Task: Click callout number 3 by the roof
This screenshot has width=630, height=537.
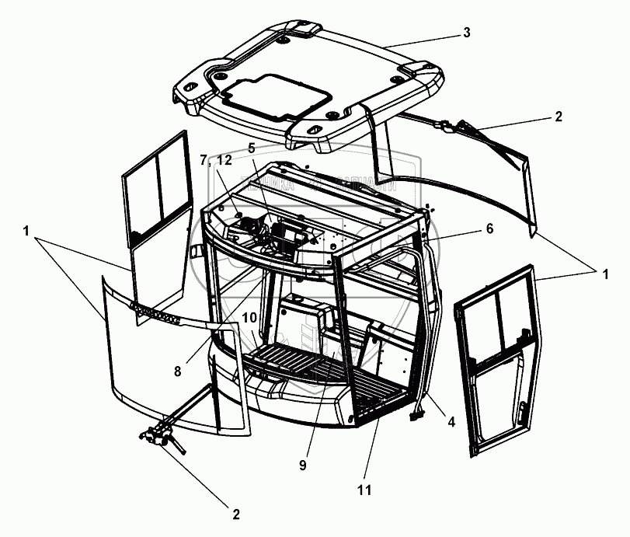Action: point(465,33)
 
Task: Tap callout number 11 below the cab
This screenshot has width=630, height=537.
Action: point(364,490)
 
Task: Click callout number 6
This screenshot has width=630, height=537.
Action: point(252,148)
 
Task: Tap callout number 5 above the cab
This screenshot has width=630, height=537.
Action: point(252,148)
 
